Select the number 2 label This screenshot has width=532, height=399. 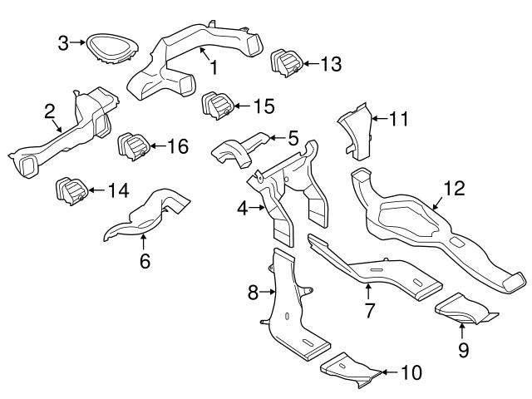point(49,111)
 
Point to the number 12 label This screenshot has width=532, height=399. point(452,189)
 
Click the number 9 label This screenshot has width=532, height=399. point(464,350)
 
